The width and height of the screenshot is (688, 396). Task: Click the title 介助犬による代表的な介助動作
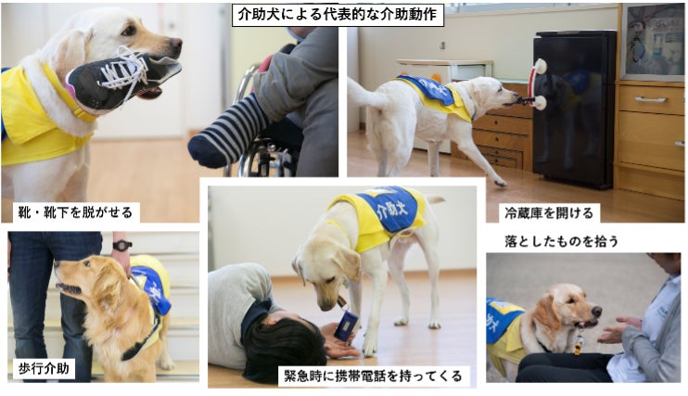coord(337,15)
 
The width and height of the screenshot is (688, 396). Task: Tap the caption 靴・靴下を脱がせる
coord(75,212)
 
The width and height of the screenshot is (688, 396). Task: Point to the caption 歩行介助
coord(44,368)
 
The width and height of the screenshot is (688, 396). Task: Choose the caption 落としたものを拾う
coord(561,241)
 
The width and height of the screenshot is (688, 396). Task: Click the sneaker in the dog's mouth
coord(122,79)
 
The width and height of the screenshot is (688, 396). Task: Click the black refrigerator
coord(574,109)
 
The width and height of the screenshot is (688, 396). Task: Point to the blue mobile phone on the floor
coord(346,326)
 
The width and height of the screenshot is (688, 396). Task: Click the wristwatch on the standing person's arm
coord(121,245)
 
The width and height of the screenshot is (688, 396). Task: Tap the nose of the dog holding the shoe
coord(176,43)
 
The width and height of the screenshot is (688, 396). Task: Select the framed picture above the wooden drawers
coord(652,42)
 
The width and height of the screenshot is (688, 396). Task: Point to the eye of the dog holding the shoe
coord(129,30)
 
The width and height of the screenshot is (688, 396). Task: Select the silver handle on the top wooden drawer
coord(650,99)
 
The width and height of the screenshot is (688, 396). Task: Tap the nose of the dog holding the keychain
coord(596,312)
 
